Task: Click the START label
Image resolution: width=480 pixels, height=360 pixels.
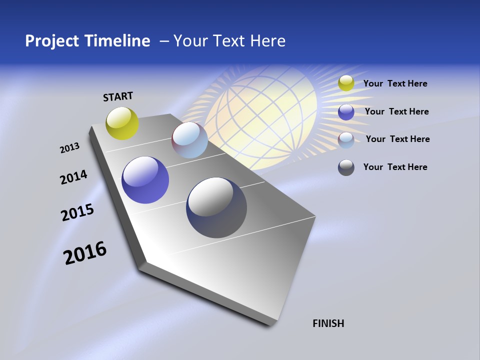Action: (118, 96)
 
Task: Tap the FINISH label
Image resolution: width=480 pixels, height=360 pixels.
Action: (328, 323)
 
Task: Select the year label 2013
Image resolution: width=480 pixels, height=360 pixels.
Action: (70, 147)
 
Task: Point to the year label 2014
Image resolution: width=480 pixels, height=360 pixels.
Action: (73, 177)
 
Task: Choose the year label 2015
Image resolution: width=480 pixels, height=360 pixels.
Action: (77, 212)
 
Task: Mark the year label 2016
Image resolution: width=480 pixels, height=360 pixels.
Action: (85, 252)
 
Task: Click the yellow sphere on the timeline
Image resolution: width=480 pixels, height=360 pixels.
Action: (122, 123)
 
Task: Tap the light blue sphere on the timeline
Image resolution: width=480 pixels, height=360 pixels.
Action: (189, 140)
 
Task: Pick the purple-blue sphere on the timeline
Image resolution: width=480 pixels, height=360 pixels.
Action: (145, 180)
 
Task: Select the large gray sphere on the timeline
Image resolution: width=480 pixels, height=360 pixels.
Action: (216, 207)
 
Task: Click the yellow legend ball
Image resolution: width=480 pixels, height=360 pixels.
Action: (346, 83)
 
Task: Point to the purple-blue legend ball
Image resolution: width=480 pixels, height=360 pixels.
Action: (346, 111)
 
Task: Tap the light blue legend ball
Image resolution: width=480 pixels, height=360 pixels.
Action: (346, 139)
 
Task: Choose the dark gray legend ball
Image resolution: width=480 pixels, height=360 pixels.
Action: (346, 167)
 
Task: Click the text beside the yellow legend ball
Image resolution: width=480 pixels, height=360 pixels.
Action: (395, 83)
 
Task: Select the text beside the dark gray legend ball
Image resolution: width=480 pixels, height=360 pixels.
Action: (395, 167)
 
